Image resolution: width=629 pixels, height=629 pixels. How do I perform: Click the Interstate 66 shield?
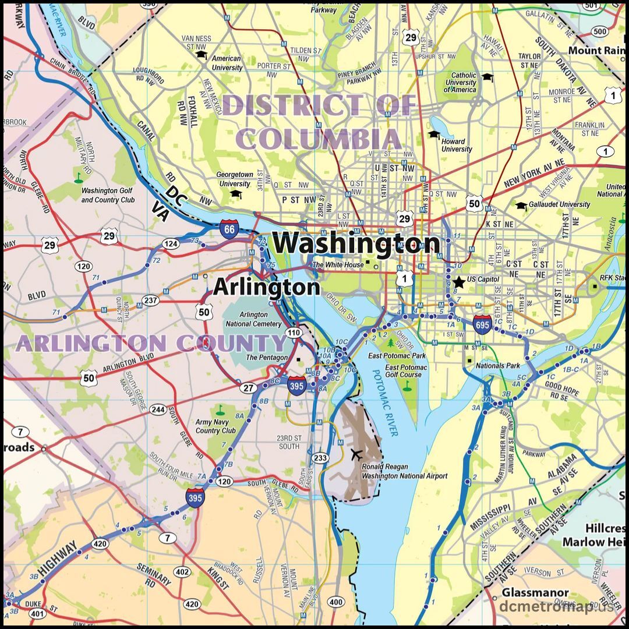point(228,229)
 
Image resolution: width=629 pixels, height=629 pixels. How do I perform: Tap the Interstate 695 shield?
point(482,323)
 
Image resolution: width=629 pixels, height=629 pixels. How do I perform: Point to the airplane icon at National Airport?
point(356,453)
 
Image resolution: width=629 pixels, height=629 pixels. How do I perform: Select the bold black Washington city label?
point(357,243)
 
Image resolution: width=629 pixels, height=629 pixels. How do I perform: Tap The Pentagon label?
point(267,357)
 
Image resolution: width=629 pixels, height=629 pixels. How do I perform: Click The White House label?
point(338,265)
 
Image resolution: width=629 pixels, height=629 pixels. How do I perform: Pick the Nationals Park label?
point(498,366)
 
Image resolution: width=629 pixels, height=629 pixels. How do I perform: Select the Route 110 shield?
point(294,333)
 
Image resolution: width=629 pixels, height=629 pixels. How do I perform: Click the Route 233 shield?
point(319,458)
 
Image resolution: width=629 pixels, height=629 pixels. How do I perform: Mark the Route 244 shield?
point(158,409)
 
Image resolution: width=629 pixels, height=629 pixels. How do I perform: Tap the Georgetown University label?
point(235,179)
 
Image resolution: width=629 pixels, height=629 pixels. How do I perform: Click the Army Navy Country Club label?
point(215,426)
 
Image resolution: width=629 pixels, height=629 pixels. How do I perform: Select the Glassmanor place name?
point(535,593)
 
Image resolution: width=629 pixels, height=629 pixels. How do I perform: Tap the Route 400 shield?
point(336,602)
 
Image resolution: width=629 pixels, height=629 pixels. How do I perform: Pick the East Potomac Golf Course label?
point(406,371)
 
